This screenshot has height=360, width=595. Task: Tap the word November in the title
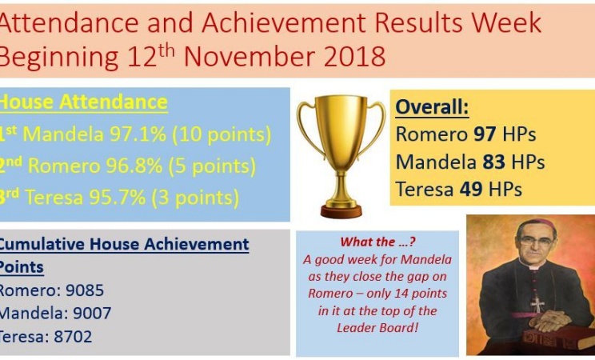pos(250,57)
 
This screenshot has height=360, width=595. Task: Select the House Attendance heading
pos(83,102)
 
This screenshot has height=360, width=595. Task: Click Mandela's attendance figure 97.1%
pos(138,134)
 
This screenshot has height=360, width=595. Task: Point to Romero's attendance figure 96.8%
pos(134,166)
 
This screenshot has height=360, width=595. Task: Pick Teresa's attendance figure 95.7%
pos(118,198)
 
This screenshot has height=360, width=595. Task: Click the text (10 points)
pos(222,135)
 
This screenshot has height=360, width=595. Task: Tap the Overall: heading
pos(432,106)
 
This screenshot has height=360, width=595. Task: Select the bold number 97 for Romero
pos(485,134)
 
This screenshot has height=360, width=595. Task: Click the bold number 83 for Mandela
pos(493,162)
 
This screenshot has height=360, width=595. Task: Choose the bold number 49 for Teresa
pos(471,189)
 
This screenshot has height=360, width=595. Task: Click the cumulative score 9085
pos(85,290)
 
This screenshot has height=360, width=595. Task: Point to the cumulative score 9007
pos(92,314)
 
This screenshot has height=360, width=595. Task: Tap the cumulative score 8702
pos(73,337)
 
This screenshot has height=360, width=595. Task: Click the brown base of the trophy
pos(341,211)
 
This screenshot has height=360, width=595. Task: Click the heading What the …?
pos(378,242)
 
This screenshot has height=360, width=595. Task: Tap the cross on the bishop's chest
pos(537,304)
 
